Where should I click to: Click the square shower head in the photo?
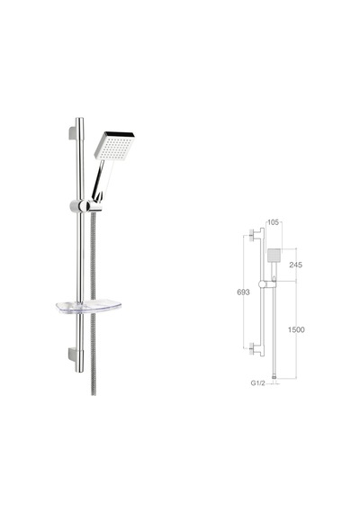click(x=114, y=146)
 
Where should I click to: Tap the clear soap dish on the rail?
click(x=88, y=307)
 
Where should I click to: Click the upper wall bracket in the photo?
click(x=73, y=133)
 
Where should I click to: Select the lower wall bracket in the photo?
click(x=73, y=355)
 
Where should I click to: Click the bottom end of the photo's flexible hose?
click(x=94, y=393)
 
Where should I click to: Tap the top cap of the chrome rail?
click(x=80, y=119)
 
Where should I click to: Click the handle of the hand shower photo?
click(x=101, y=180)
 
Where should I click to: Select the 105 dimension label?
click(x=273, y=222)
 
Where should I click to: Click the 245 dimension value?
click(x=295, y=265)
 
